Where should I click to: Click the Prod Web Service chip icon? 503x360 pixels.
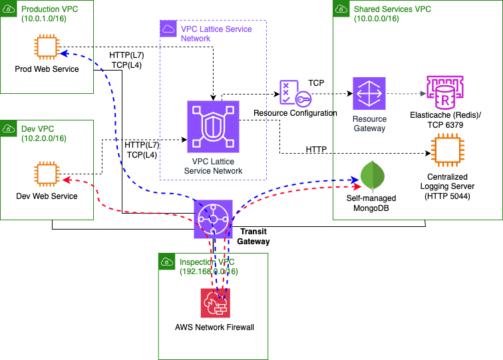(46, 47)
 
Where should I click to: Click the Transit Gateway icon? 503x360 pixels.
(213, 218)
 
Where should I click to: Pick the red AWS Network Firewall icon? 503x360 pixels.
(215, 303)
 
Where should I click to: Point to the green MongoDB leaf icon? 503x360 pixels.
(371, 176)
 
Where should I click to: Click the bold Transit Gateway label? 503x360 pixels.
(255, 236)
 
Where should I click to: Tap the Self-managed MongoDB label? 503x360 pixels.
(371, 203)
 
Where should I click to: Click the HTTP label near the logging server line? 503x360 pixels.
(316, 150)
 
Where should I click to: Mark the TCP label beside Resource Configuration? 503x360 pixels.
(317, 83)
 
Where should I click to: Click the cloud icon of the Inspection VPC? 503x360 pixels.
(168, 262)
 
